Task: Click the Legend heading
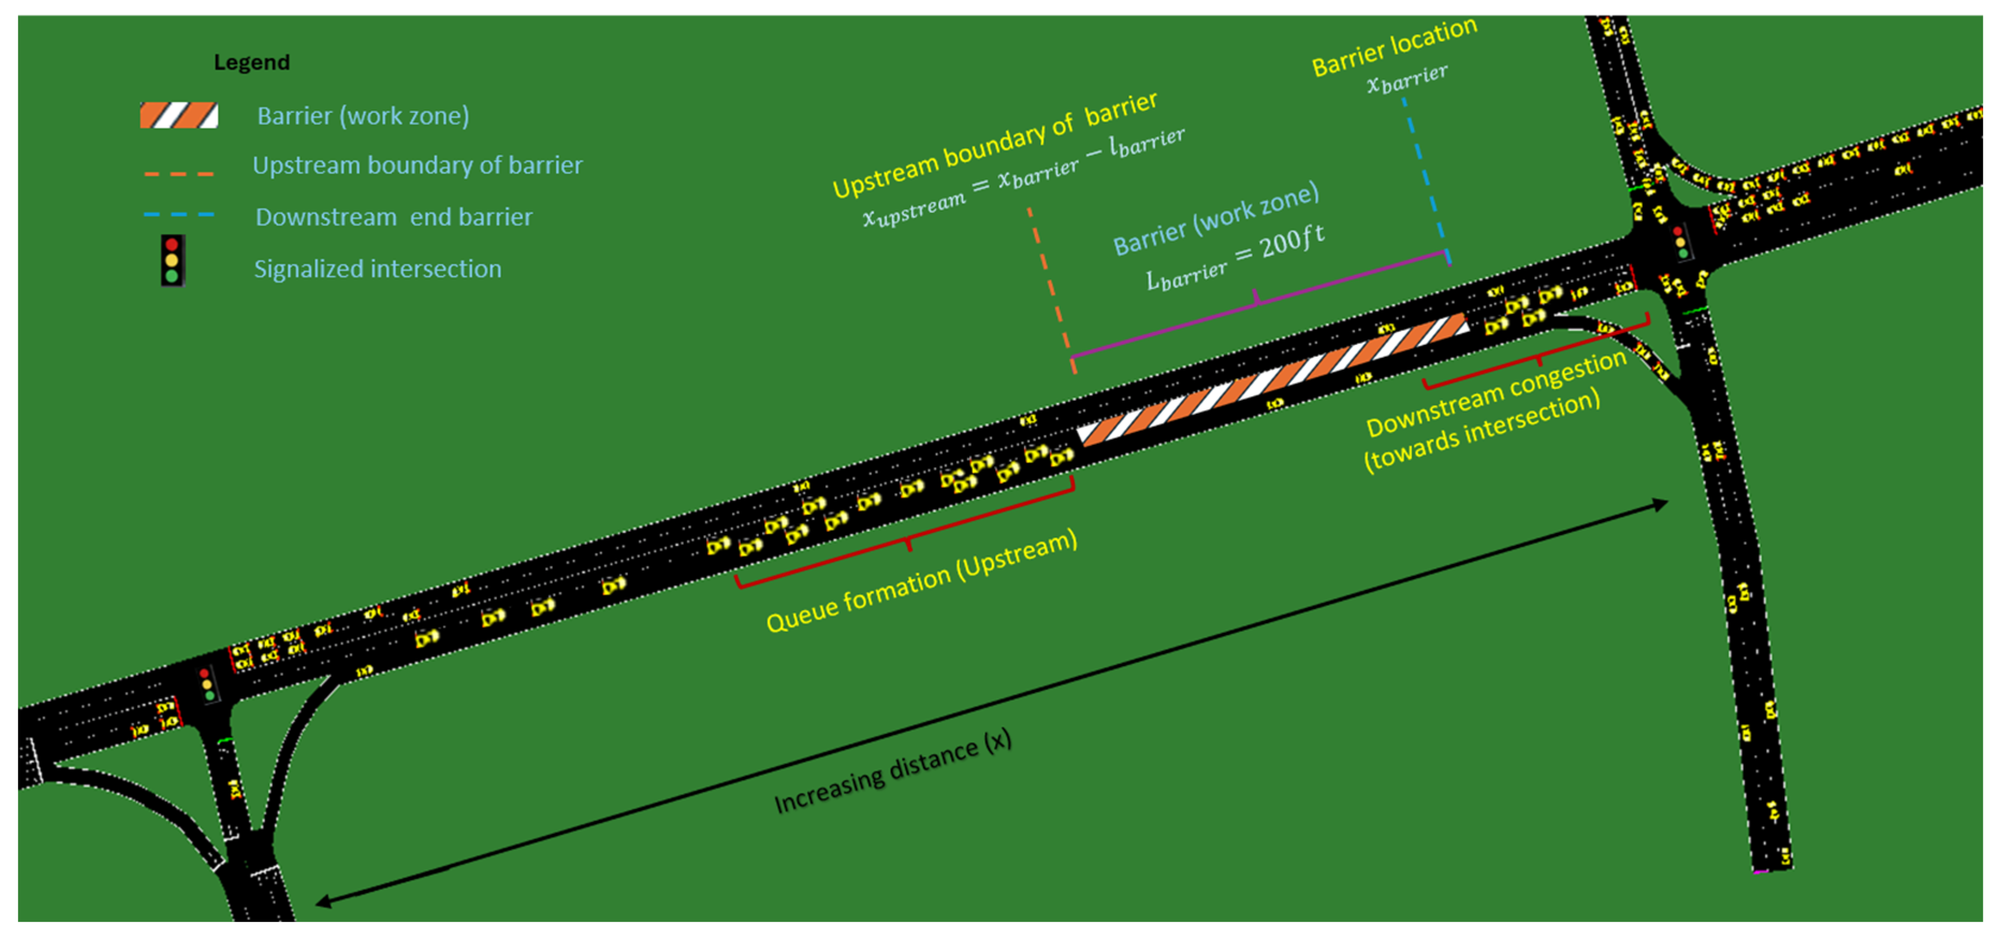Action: (252, 62)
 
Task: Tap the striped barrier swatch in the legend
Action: (179, 115)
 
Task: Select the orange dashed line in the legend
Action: (179, 174)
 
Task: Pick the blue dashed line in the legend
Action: (179, 214)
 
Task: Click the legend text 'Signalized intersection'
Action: (377, 269)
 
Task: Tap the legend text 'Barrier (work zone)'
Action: (362, 115)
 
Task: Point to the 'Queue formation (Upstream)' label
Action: (922, 580)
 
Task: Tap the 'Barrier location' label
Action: (1393, 47)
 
